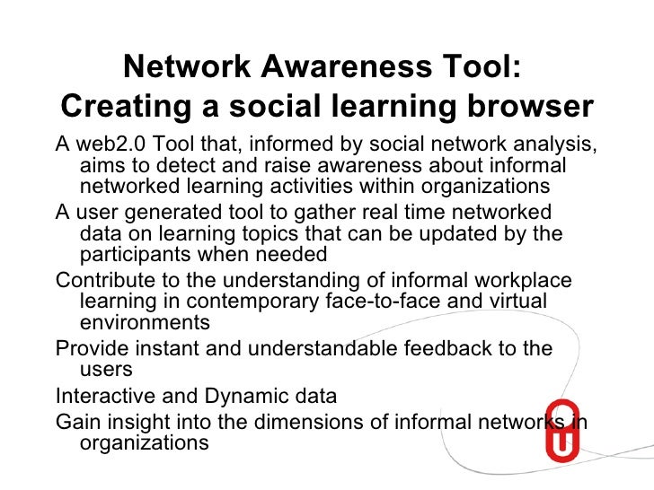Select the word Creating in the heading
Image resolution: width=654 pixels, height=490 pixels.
pos(122,106)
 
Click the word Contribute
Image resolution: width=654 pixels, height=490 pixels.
pos(108,280)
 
